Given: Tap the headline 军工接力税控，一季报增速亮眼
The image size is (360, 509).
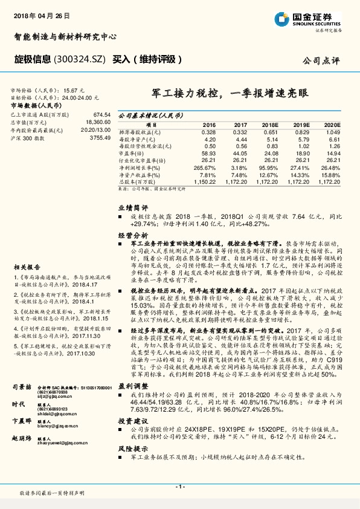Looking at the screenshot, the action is tap(230, 93).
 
